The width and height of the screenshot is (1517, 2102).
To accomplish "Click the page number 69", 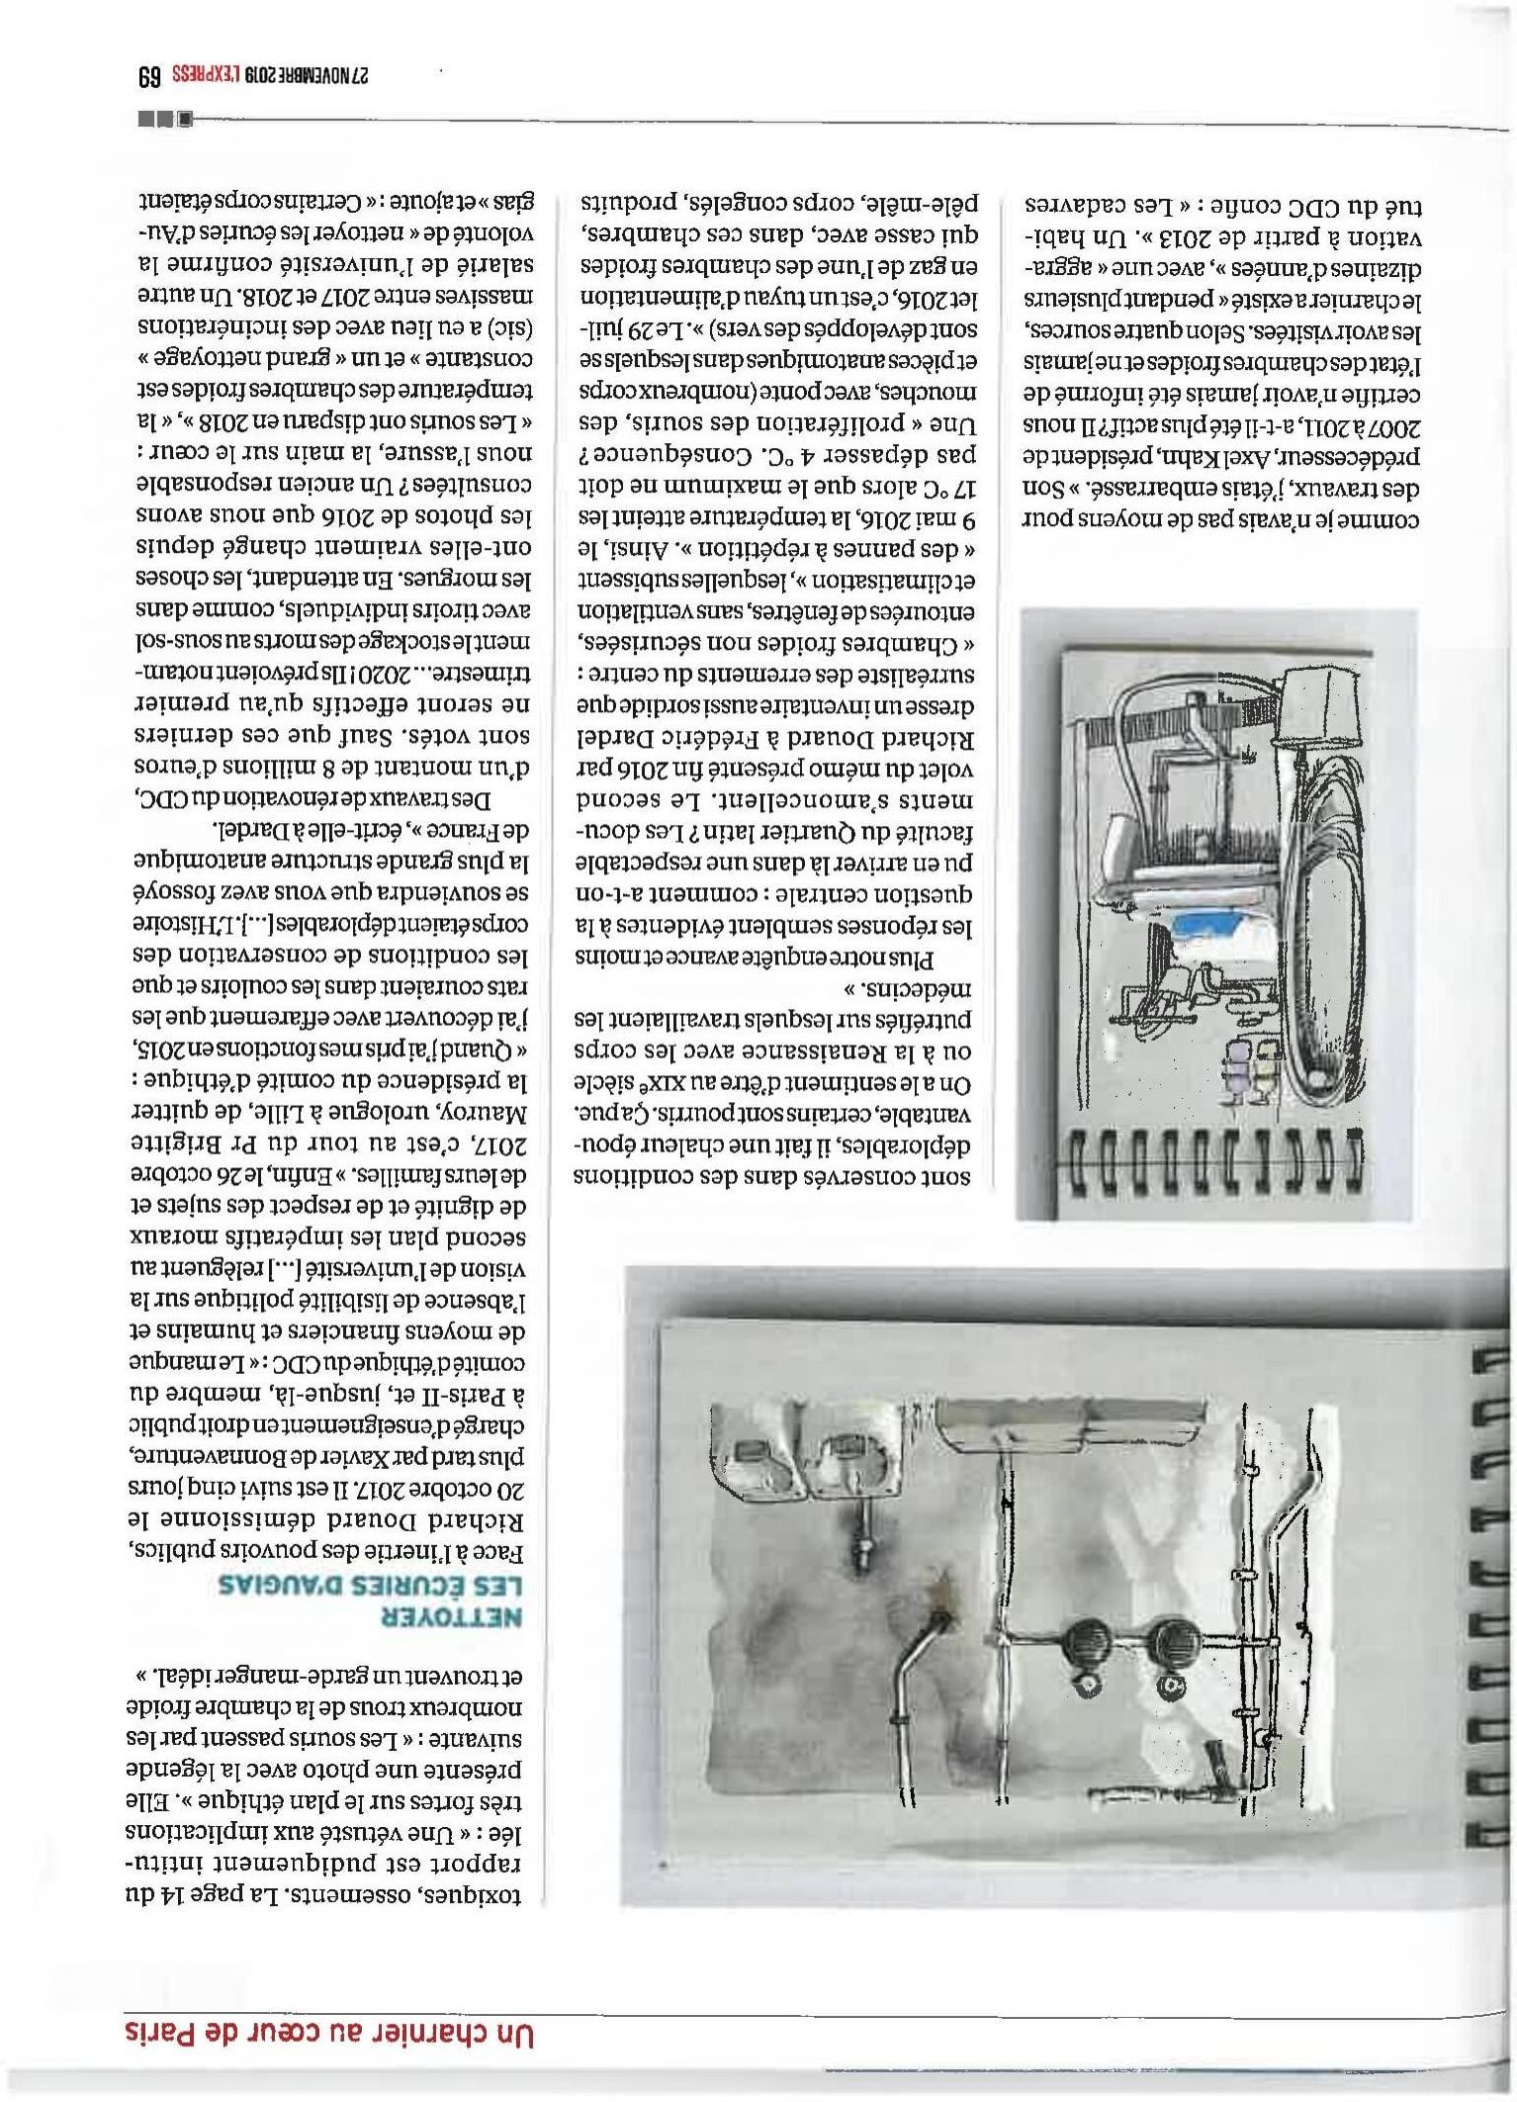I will point(152,75).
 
